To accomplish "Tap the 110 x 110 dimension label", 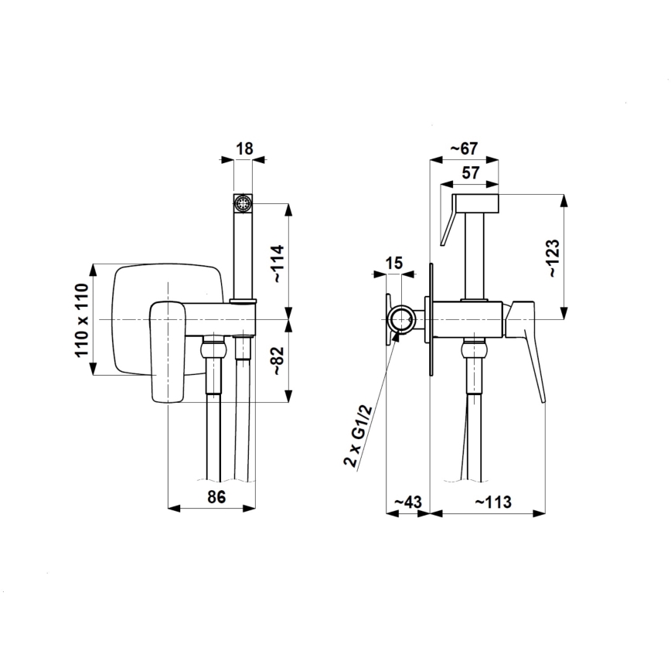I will coord(82,320).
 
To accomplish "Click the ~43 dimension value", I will coord(407,502).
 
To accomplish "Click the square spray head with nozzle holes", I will coord(244,203).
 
